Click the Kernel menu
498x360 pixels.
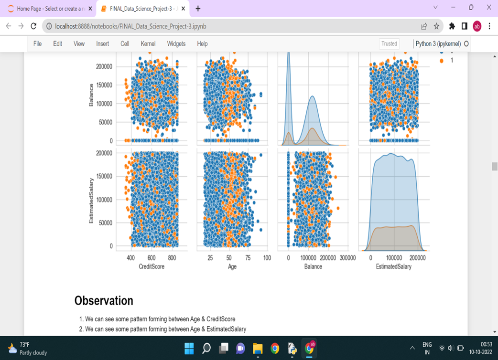click(x=148, y=43)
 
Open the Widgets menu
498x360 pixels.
click(x=176, y=43)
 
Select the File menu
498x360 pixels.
click(x=37, y=43)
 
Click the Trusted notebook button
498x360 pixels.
click(x=389, y=43)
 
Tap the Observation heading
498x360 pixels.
click(x=104, y=301)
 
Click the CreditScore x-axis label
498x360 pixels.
click(x=152, y=266)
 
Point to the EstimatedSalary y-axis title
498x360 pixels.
click(x=91, y=200)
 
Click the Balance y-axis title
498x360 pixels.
click(x=91, y=95)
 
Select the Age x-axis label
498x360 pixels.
click(x=232, y=266)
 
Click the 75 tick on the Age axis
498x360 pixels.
click(x=248, y=258)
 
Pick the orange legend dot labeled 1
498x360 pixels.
click(x=442, y=61)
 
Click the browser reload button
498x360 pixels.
click(x=33, y=26)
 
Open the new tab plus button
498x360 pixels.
click(x=198, y=8)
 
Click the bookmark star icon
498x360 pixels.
click(x=436, y=26)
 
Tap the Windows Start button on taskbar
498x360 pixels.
click(x=189, y=348)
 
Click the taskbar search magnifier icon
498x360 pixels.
click(x=206, y=348)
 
